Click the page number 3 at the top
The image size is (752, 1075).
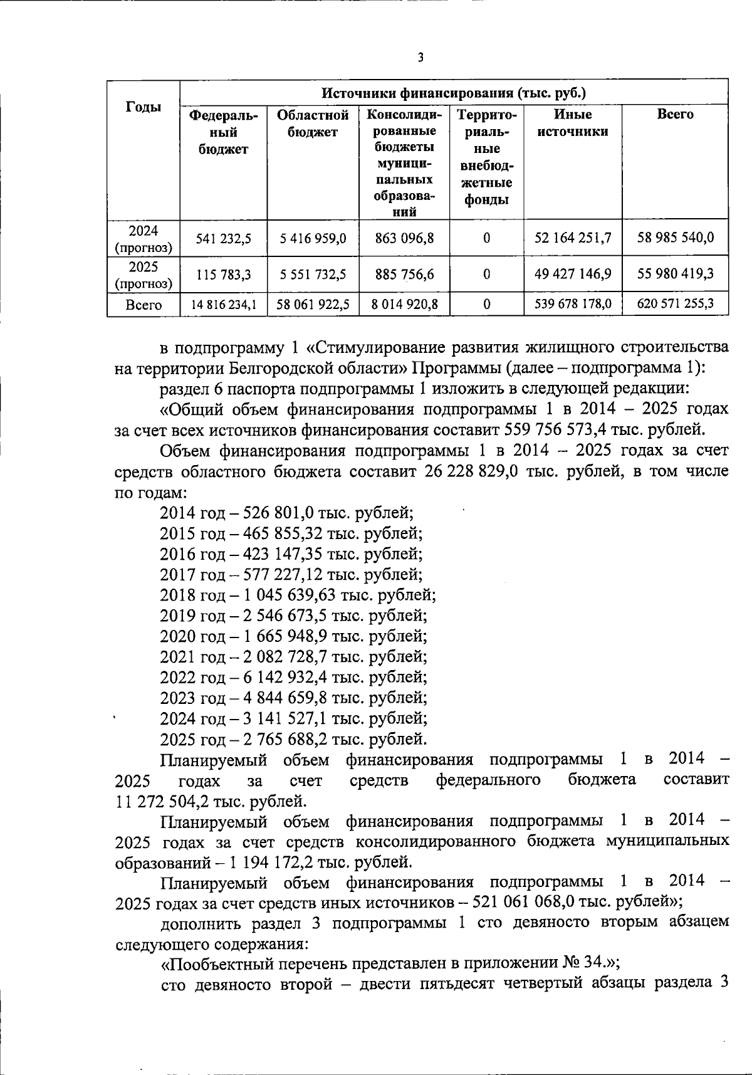420,58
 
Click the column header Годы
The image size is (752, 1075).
143,107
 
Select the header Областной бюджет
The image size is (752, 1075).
313,123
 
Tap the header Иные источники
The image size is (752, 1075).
573,123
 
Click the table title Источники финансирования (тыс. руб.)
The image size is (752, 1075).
454,93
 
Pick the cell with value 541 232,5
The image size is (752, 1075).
223,238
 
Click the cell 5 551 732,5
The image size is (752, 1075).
313,275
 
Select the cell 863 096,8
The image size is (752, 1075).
404,238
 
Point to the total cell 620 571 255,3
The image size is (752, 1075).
675,305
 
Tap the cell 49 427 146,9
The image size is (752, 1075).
573,275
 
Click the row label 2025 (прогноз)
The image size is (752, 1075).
143,275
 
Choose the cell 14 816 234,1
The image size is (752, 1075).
223,305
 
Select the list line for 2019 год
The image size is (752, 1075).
293,616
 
